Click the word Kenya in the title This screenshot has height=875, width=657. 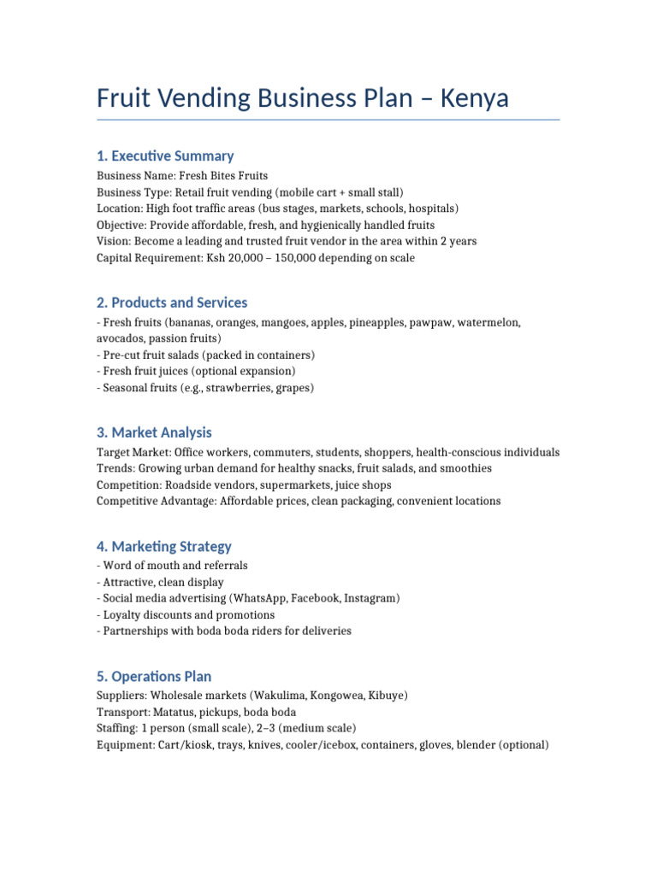(x=474, y=98)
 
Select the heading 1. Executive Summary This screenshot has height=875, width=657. (x=165, y=156)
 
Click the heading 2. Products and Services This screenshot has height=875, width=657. (x=172, y=302)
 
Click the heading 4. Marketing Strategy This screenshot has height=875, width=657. (x=164, y=546)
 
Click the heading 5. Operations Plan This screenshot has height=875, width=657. (x=154, y=676)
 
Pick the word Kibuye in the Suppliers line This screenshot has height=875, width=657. (x=385, y=696)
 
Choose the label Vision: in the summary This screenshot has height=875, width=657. (x=114, y=241)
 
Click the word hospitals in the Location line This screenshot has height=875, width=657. (x=430, y=208)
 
